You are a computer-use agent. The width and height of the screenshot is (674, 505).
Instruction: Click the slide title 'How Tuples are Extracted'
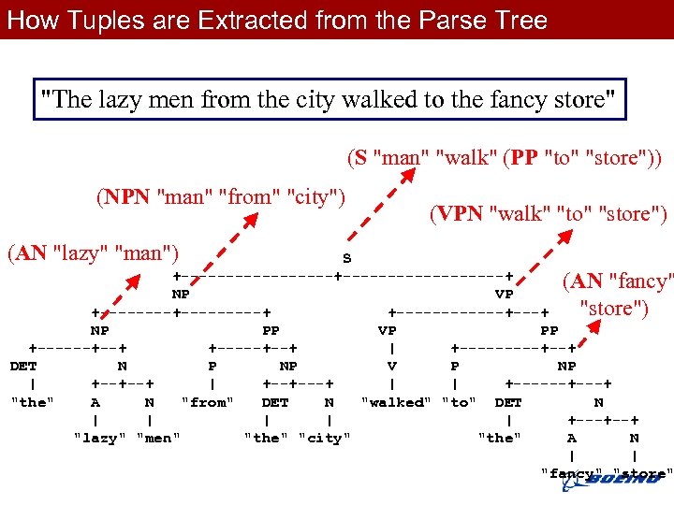tap(277, 20)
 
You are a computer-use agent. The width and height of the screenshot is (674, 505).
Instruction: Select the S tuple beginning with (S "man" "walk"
tap(504, 157)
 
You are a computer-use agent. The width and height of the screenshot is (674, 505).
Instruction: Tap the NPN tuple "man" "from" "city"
tap(221, 197)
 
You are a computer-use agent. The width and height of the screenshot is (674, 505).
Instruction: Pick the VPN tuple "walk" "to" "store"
tap(548, 214)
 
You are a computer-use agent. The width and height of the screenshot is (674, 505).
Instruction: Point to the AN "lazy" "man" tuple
tap(93, 252)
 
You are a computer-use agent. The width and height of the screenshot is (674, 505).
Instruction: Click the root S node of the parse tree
tap(346, 258)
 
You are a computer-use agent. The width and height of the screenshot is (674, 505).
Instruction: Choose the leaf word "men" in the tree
tap(158, 437)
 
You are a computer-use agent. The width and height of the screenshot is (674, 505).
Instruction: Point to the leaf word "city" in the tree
tap(325, 437)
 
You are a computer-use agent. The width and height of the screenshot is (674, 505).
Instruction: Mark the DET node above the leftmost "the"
tap(22, 367)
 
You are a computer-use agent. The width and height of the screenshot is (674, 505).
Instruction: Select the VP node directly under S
tap(503, 294)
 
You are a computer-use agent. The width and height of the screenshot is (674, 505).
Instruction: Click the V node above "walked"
tap(392, 367)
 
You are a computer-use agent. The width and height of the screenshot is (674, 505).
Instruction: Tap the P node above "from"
tap(212, 367)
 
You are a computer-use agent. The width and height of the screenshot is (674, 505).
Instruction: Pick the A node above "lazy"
tap(95, 402)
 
